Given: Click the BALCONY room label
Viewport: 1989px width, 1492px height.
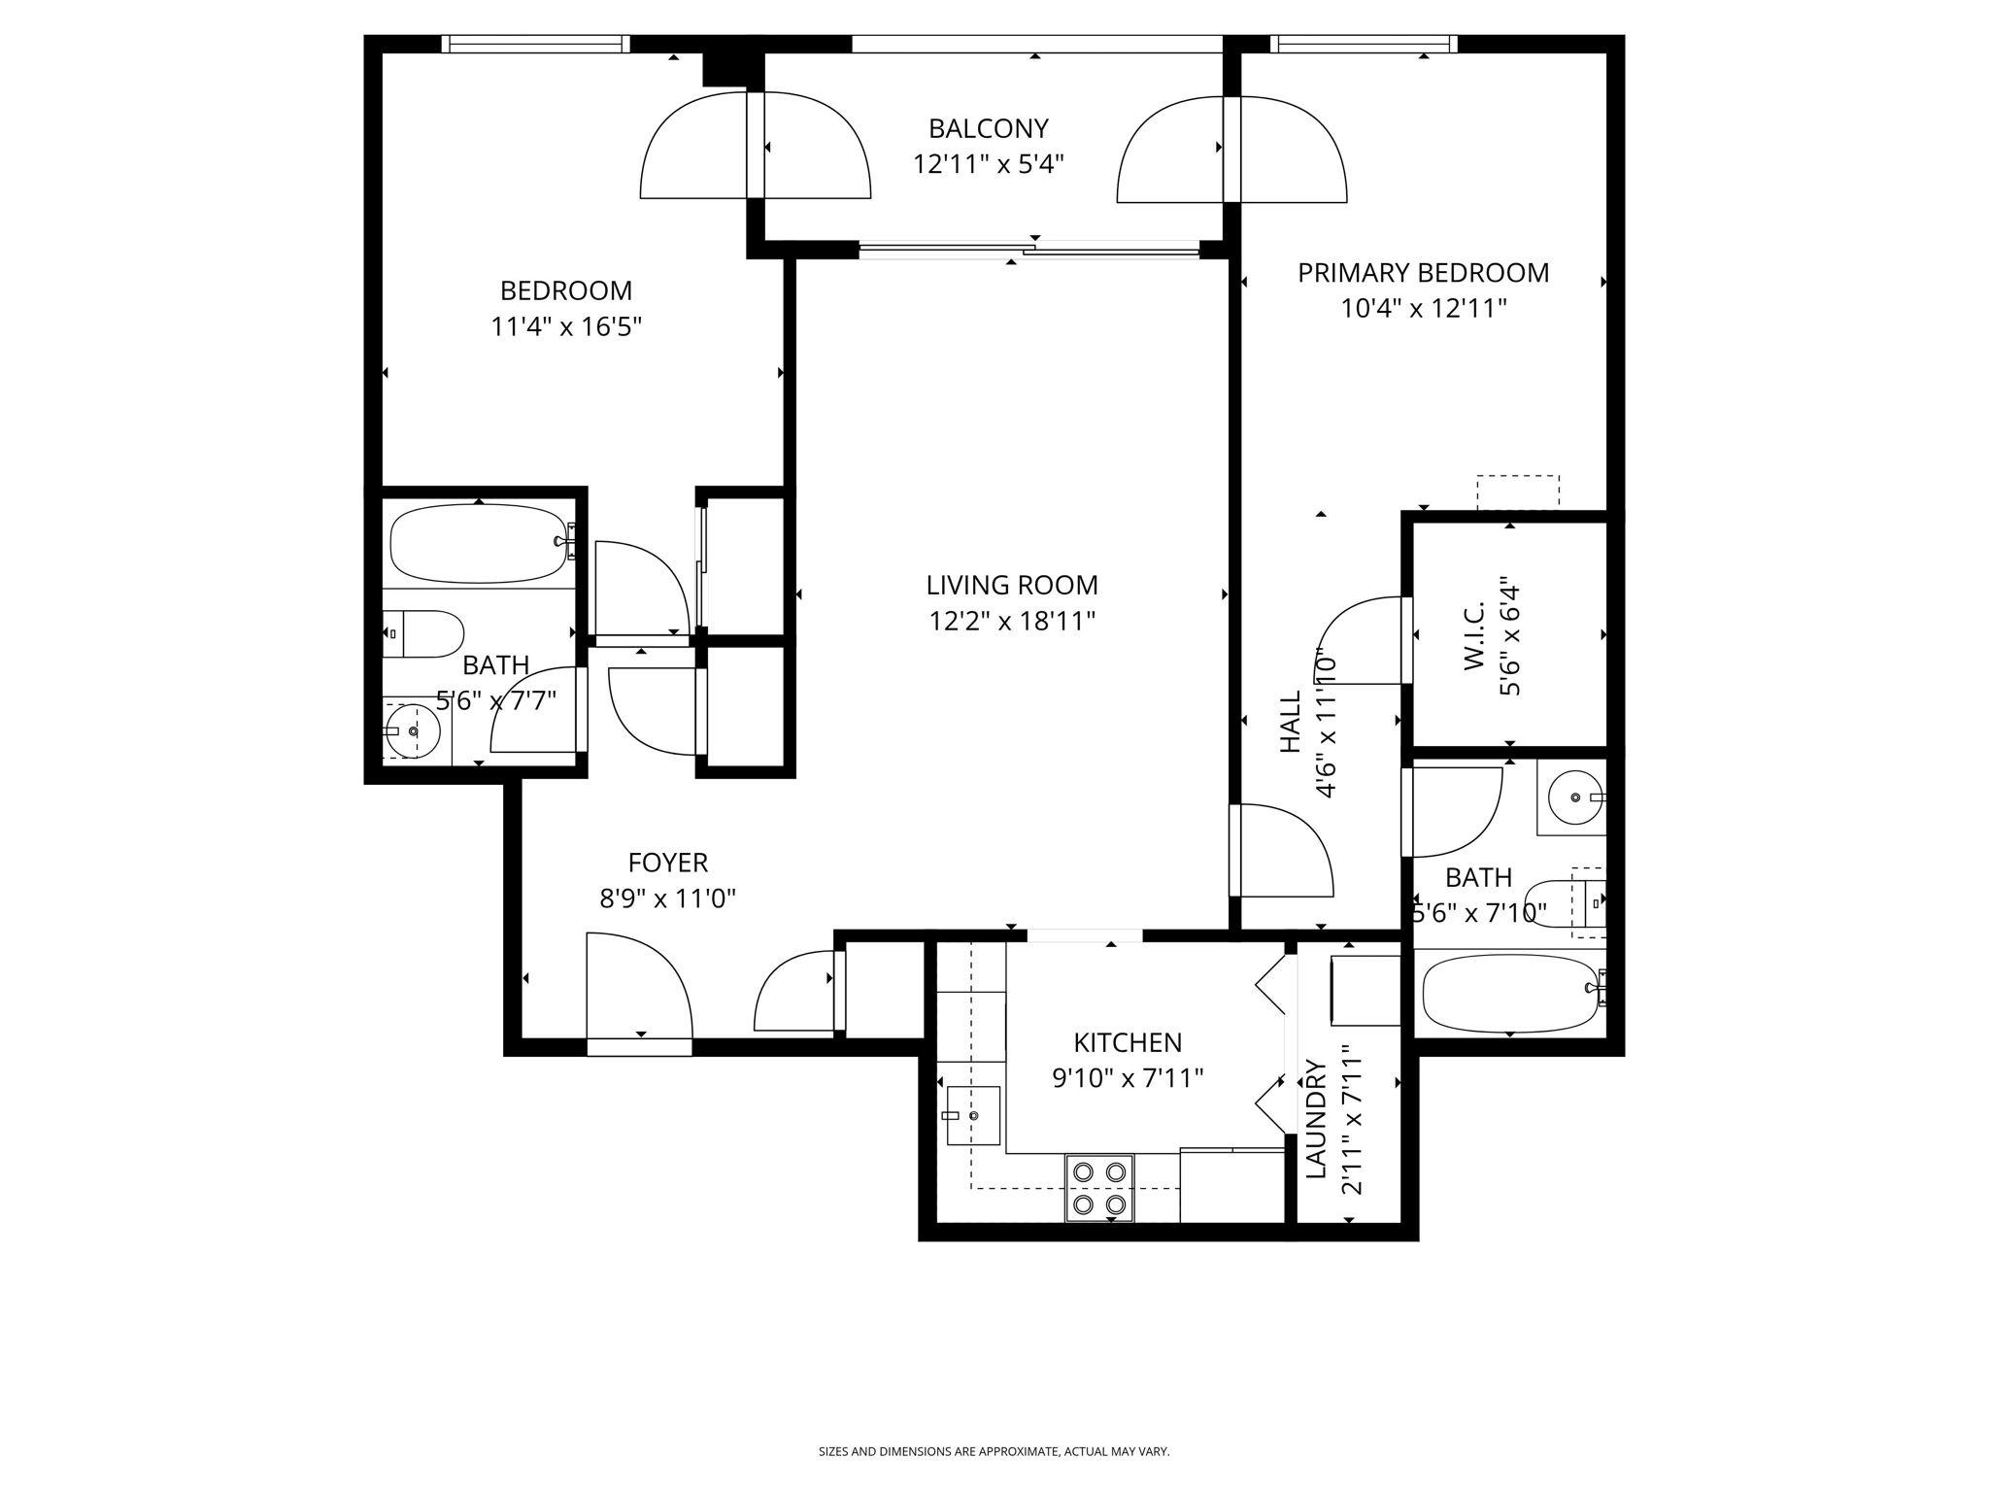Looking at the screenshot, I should (x=988, y=128).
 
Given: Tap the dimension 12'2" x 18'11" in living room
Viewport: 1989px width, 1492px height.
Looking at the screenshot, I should (x=1012, y=621).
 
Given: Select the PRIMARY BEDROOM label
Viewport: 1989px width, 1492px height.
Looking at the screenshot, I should (x=1423, y=273).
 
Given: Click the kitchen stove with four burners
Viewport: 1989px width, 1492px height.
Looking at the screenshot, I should (x=1099, y=1187).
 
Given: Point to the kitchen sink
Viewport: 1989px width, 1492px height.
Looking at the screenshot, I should (x=973, y=1115).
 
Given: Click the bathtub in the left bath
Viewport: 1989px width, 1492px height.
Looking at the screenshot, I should (x=478, y=543).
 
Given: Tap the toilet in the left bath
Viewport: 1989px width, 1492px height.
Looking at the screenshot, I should (x=424, y=634).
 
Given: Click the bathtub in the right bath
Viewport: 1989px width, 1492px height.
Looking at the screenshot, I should (x=1509, y=992).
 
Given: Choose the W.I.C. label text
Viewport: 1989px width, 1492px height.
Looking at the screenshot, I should (x=1473, y=634).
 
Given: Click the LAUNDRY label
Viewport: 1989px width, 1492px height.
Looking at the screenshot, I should (x=1315, y=1119).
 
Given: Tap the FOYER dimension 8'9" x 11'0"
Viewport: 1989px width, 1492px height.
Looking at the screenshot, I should (x=667, y=899).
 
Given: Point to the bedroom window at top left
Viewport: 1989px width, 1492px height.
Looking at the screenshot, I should (x=535, y=44).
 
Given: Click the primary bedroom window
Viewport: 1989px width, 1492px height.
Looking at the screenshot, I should (x=1364, y=44).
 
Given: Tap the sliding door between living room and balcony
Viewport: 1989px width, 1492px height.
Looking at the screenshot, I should (x=1029, y=251).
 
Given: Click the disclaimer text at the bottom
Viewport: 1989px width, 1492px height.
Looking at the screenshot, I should (x=994, y=1452).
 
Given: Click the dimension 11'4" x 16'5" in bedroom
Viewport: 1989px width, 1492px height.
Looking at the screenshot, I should (x=566, y=326).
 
